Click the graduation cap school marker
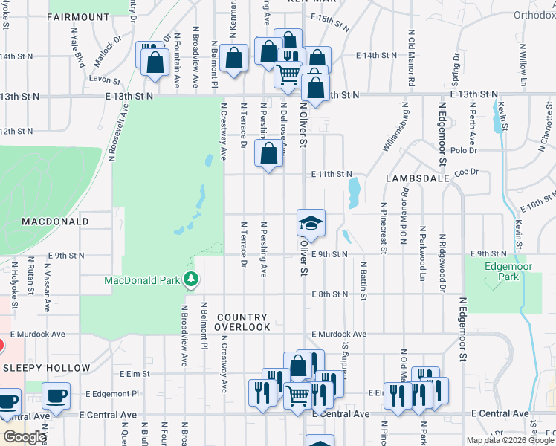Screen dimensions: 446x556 coord(311,223)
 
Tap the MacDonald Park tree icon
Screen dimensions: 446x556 coord(192,279)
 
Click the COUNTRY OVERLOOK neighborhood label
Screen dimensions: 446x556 coord(243,322)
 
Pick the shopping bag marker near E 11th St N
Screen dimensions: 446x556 coord(269,155)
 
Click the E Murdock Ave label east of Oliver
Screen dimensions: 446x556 coord(339,334)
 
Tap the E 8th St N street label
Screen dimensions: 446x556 coord(330,294)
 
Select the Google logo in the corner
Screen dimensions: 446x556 coord(25,437)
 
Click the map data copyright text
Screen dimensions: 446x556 coord(510,440)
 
